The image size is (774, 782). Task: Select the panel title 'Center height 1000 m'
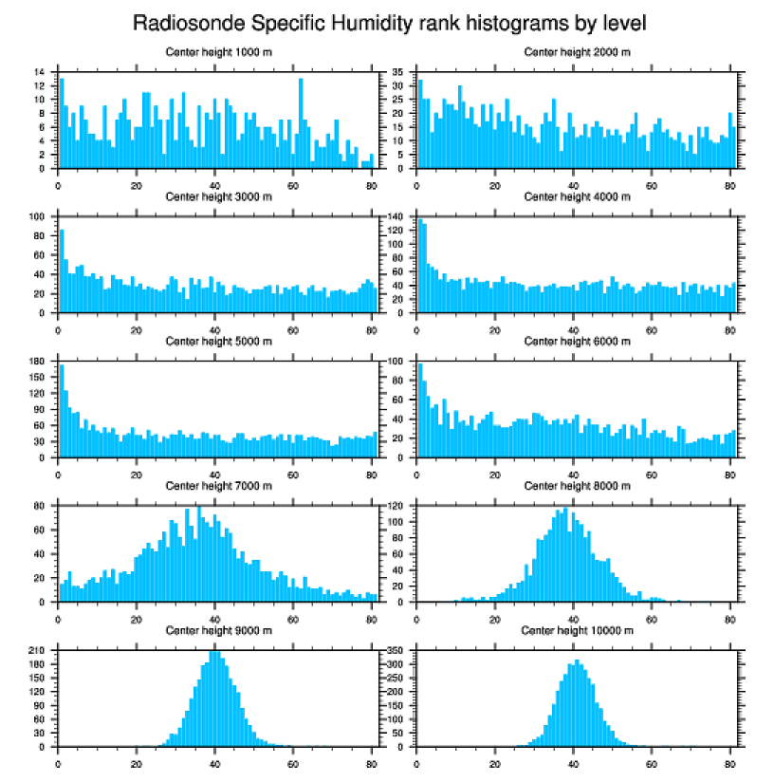tap(218, 51)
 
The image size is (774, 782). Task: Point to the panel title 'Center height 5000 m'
tap(218, 342)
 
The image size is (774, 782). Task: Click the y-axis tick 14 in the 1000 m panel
tap(40, 72)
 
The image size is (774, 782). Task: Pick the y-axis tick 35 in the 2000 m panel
tap(398, 72)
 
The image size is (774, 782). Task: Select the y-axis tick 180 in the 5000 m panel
tap(38, 362)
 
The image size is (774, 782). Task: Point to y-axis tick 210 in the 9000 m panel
tap(38, 651)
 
